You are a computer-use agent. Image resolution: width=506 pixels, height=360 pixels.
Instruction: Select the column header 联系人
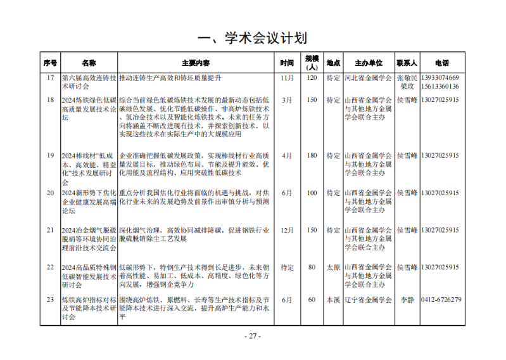point(406,63)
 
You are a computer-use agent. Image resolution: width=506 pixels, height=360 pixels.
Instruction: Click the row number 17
point(50,78)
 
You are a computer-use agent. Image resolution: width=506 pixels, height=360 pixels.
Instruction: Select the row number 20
point(50,193)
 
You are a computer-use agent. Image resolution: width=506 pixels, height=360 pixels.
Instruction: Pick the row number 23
point(50,300)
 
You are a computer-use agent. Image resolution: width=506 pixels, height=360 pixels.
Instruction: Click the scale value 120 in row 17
point(312,78)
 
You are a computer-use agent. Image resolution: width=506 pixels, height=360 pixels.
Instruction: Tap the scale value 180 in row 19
point(312,155)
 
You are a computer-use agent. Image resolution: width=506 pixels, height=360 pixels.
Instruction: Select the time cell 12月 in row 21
point(287,230)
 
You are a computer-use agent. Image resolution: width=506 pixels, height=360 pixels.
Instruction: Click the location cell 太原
point(333,267)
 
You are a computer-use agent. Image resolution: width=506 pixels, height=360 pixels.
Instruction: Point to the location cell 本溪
point(333,300)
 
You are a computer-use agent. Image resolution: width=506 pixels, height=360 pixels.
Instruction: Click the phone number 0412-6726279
point(441,300)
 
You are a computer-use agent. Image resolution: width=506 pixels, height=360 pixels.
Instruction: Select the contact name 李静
point(406,300)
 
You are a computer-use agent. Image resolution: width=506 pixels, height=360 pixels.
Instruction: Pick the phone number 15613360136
point(441,86)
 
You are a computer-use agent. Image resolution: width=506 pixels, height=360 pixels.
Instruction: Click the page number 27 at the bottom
point(253,336)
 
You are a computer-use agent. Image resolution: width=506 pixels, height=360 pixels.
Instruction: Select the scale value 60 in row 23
point(312,300)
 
